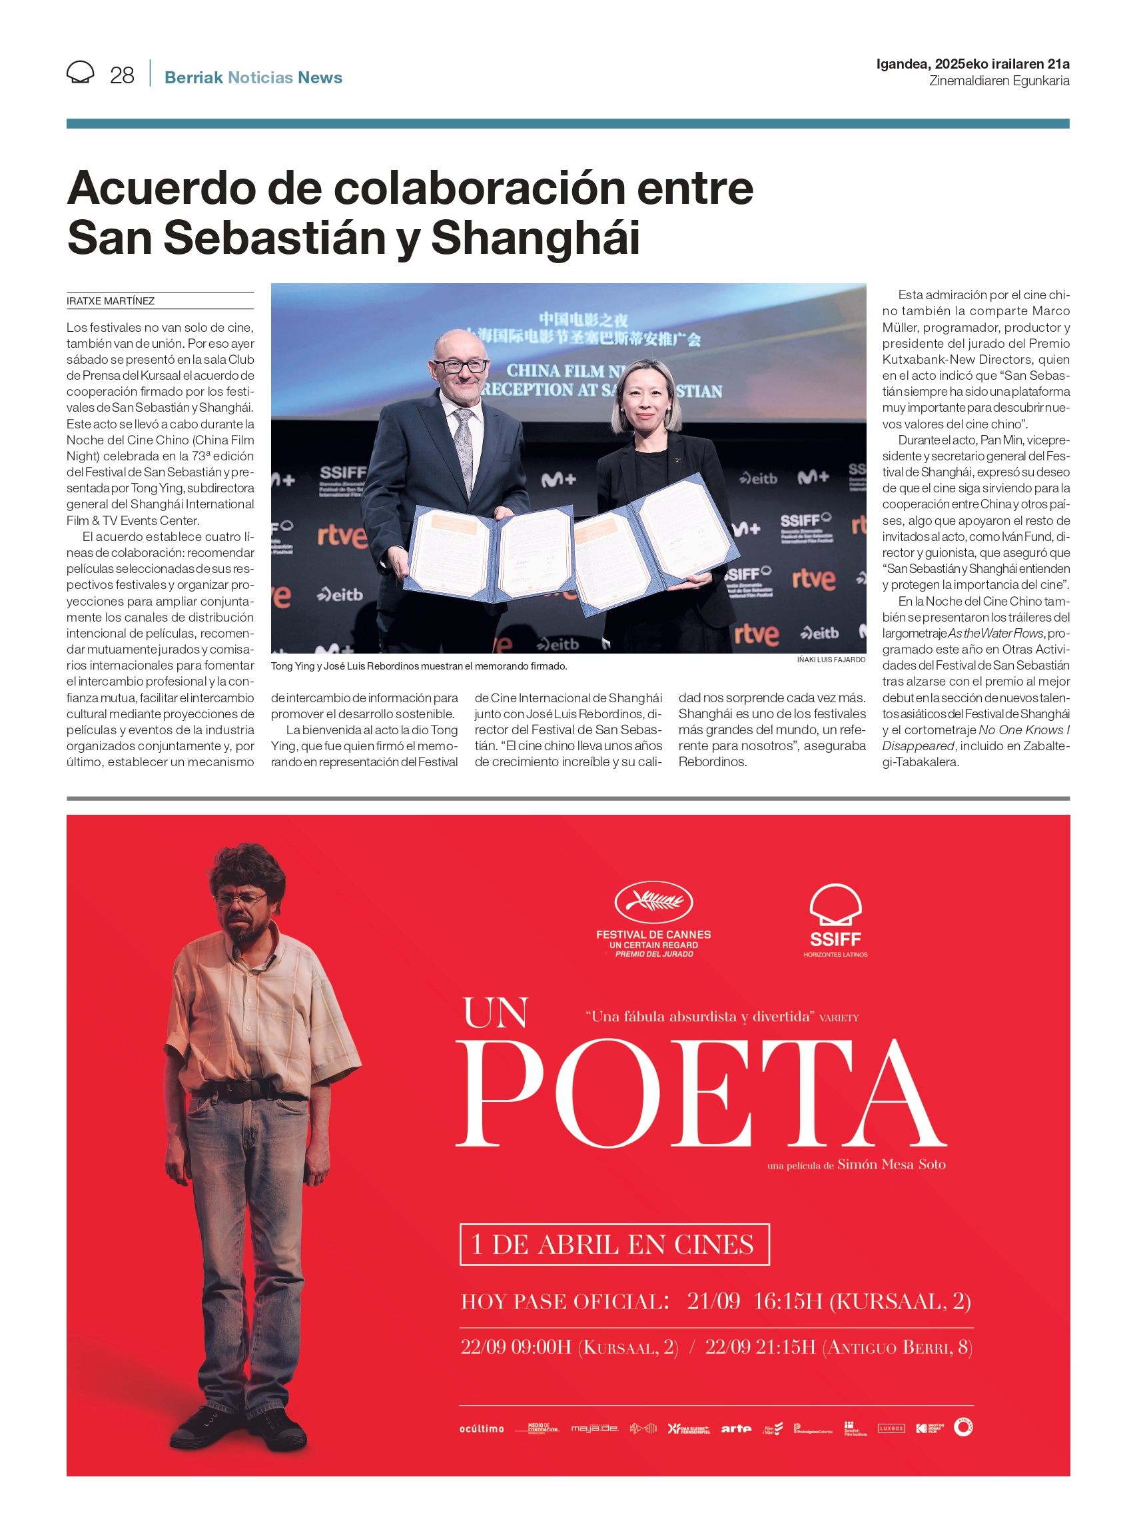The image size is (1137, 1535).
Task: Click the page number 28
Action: (122, 75)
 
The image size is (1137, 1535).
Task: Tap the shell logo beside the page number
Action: (80, 72)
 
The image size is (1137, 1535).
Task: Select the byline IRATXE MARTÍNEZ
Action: (111, 301)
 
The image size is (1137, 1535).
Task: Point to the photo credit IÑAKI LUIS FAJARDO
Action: (831, 660)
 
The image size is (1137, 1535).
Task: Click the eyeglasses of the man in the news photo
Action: (459, 366)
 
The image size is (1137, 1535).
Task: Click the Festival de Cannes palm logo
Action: (653, 901)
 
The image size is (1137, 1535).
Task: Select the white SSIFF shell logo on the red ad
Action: (835, 905)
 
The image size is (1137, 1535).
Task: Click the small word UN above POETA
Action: (496, 1013)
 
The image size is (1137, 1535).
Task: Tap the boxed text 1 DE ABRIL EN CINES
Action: (613, 1245)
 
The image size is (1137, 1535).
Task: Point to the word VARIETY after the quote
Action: (839, 1018)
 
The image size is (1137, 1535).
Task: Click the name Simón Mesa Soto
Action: (891, 1164)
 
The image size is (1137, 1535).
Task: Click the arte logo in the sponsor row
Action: (736, 1429)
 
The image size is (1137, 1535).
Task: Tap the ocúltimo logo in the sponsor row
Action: (482, 1429)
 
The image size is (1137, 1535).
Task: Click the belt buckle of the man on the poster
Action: (242, 1089)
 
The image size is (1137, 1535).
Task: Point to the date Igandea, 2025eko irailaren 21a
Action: (972, 64)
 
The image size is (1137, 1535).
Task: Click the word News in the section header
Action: (320, 78)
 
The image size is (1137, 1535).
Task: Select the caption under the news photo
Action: (418, 666)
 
